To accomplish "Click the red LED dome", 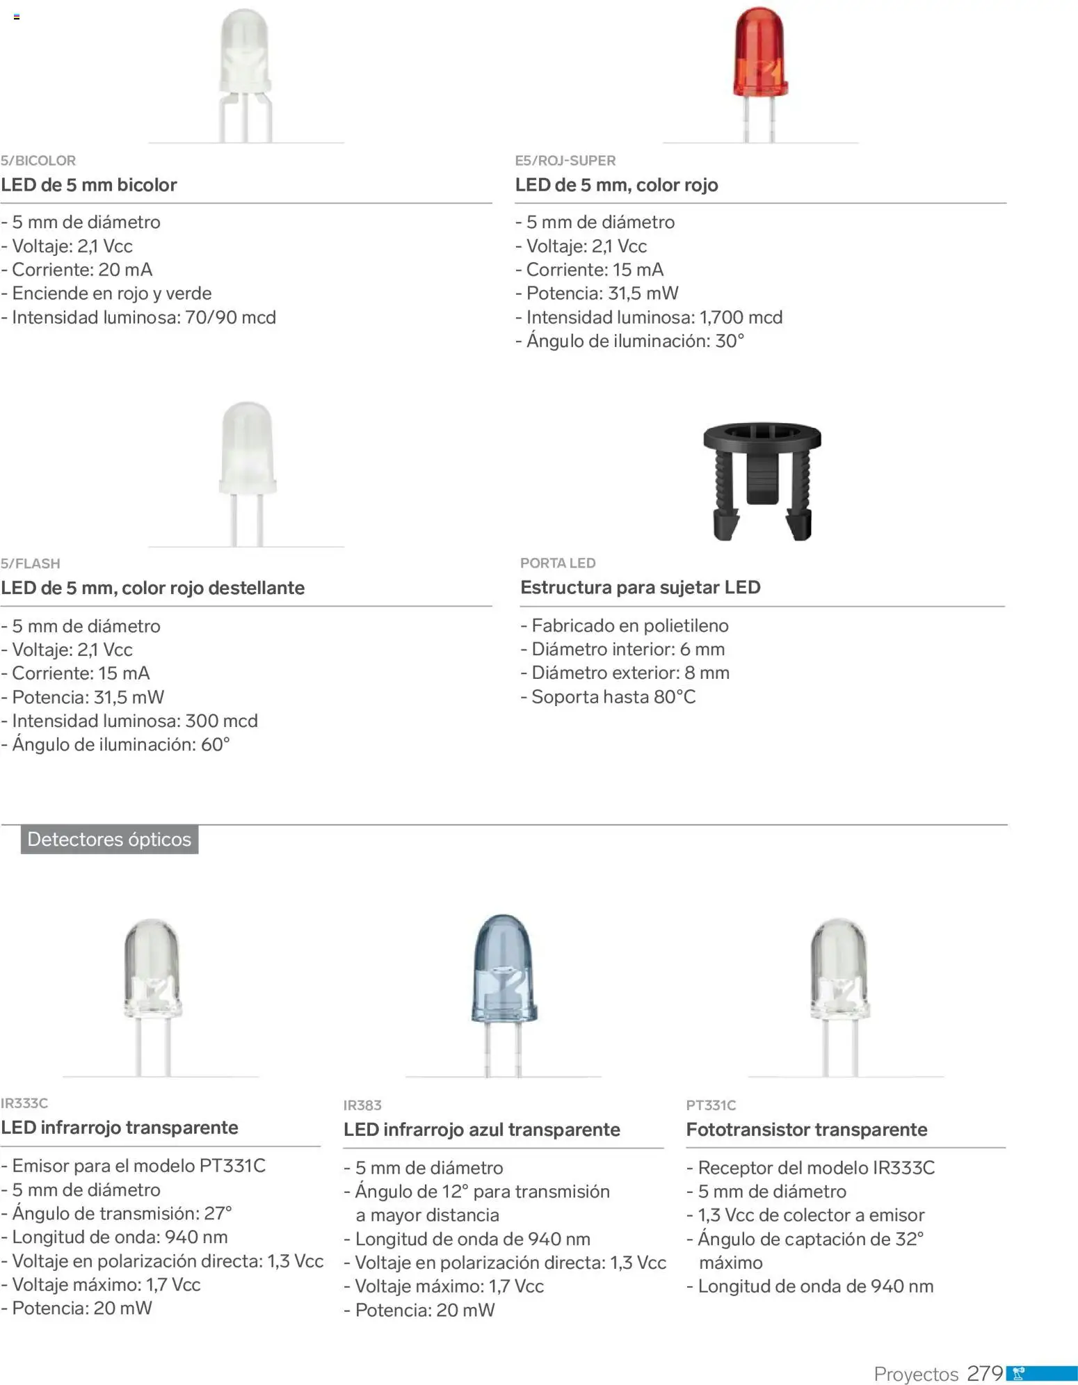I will pos(760,56).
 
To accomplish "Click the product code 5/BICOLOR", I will pos(38,161).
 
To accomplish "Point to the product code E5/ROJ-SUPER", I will pos(565,161).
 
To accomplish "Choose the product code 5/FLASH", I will pos(31,563).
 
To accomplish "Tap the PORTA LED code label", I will pos(558,563).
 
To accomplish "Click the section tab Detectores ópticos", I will pos(109,840).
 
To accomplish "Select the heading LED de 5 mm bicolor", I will pos(89,185).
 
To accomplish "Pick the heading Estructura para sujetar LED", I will pos(640,588).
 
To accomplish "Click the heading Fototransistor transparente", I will pos(806,1130).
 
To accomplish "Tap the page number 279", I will pos(985,1373).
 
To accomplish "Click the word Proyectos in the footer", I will pos(915,1374).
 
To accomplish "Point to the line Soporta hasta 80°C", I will pos(613,697).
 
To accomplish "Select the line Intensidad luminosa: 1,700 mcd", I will pos(654,317).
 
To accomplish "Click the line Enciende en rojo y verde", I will pos(111,294).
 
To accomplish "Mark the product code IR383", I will pos(362,1105).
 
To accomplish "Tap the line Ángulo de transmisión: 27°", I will pos(122,1213).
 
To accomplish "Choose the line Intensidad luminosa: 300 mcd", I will pos(134,721).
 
